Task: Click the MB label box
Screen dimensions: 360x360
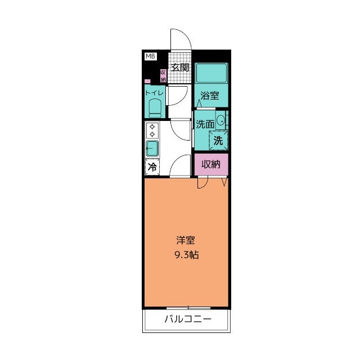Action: pos(150,56)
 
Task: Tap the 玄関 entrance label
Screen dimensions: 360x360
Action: pos(179,67)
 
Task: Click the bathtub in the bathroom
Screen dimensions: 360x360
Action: pos(211,74)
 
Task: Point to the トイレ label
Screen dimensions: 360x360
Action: pos(154,93)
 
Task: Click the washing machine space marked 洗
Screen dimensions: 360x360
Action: pos(218,141)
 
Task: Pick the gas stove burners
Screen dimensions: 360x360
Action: pos(151,131)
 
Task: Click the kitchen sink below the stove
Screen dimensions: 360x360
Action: pos(152,149)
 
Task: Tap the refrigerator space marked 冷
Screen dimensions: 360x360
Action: pos(152,167)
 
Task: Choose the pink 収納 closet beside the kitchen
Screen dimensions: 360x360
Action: pos(211,165)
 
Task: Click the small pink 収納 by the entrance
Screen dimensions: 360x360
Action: pos(163,75)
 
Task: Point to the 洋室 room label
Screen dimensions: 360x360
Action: pos(186,241)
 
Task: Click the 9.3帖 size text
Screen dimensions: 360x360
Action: pos(186,255)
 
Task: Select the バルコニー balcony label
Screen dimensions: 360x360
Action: pos(188,320)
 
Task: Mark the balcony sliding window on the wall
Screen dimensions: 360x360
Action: pos(188,307)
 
